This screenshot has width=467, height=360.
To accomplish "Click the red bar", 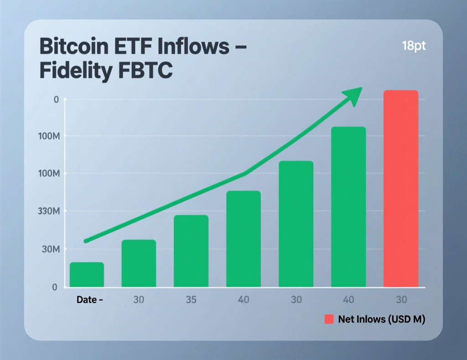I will (400, 189).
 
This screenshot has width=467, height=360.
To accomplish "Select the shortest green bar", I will (87, 275).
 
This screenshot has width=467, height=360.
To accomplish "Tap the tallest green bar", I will (348, 207).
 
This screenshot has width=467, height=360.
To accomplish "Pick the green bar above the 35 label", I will (191, 251).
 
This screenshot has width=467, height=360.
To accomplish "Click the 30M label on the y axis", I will (50, 250).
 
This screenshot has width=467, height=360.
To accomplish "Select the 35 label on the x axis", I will (191, 300).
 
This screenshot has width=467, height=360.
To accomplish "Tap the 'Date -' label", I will (89, 300).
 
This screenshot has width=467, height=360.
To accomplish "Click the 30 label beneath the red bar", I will (400, 300).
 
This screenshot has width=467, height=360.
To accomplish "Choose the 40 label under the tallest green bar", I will (348, 300).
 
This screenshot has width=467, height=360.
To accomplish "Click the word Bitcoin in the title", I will (73, 46).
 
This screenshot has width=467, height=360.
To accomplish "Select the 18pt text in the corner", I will (414, 46).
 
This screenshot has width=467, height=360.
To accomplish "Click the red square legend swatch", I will (329, 319).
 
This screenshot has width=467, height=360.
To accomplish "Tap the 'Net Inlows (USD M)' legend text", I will (382, 319).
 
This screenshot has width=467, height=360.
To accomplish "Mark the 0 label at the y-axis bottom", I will (54, 288).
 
